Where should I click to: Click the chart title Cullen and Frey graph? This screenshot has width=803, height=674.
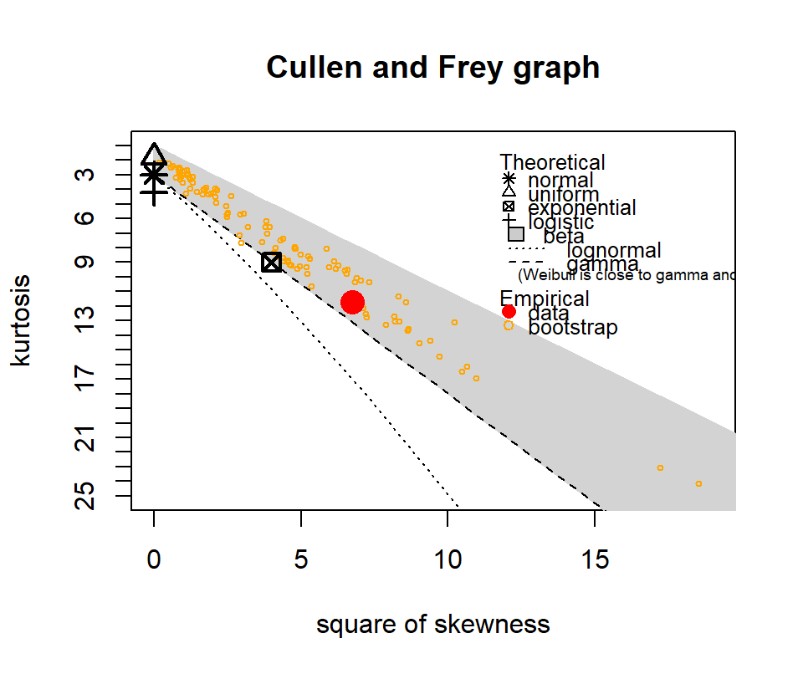[432, 67]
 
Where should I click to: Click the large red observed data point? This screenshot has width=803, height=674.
[352, 303]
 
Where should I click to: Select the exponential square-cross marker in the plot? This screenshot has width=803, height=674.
[271, 262]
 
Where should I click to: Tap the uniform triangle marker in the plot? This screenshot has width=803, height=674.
[154, 156]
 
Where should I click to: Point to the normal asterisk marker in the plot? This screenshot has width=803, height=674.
[154, 175]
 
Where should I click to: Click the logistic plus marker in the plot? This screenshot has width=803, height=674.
[154, 192]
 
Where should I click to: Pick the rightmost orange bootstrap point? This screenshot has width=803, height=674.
[698, 483]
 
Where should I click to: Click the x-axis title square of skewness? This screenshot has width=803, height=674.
[432, 624]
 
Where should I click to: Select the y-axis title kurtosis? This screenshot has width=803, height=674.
[22, 319]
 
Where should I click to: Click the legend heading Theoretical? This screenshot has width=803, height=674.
[552, 163]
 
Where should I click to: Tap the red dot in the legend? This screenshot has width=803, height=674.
[509, 312]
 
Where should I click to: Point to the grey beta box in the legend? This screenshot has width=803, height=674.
[516, 234]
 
